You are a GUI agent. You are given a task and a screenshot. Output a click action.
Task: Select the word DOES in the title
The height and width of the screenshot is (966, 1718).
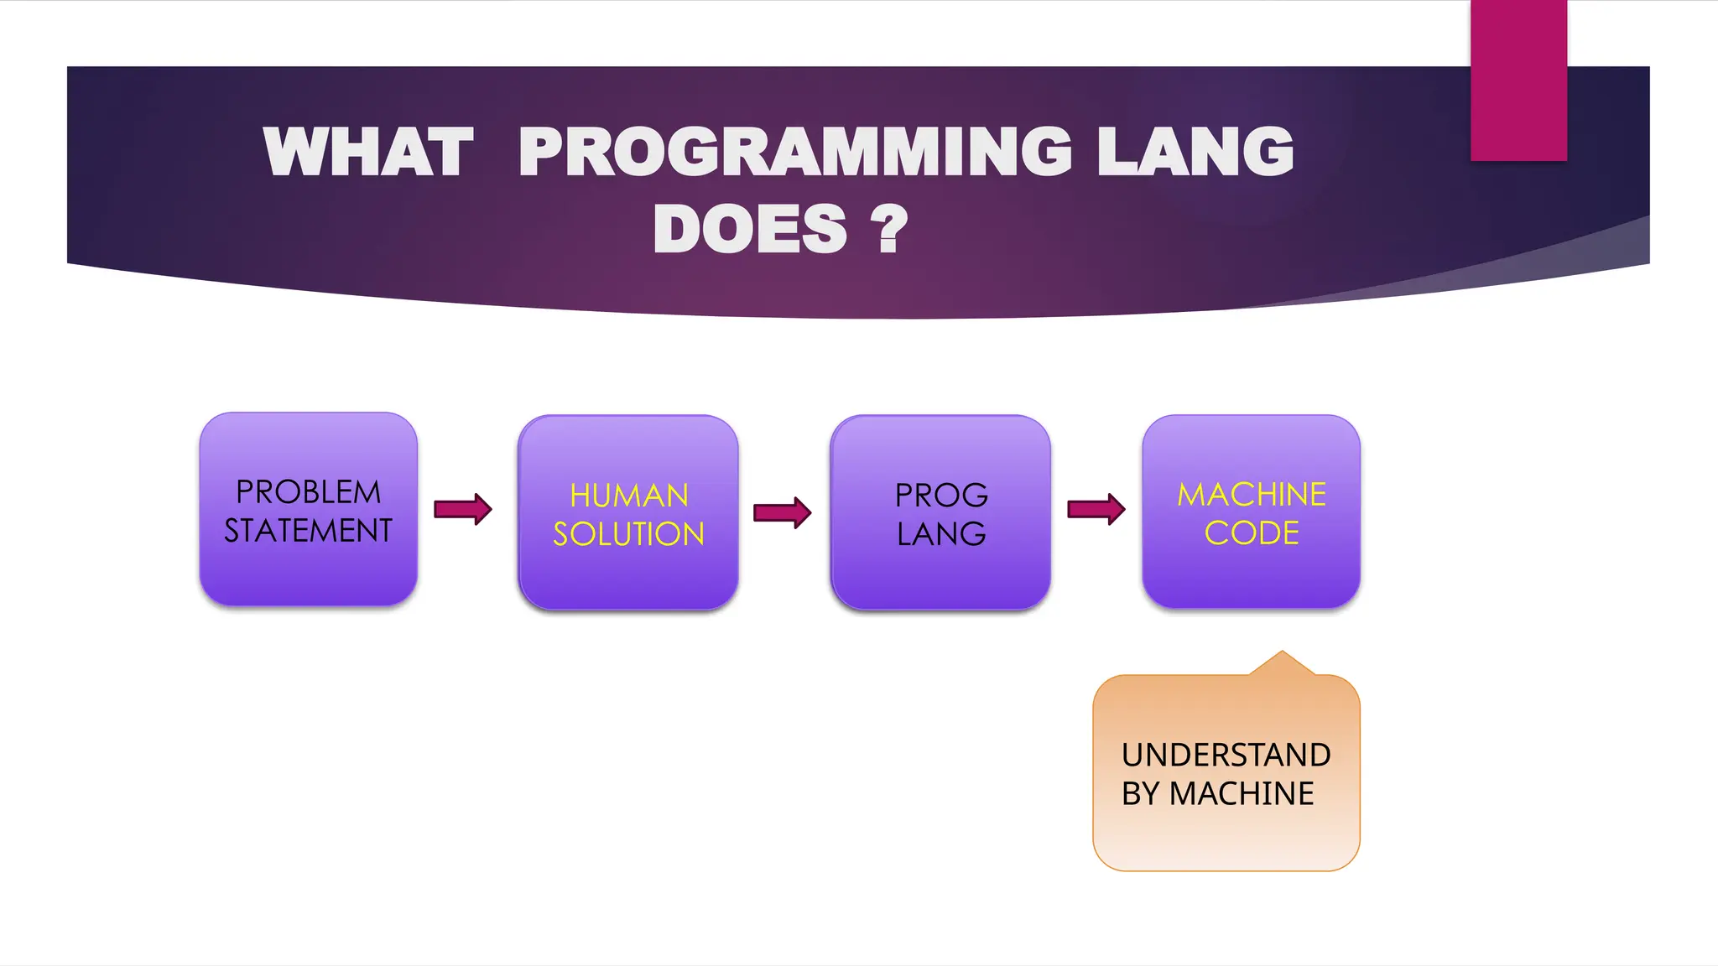tap(750, 229)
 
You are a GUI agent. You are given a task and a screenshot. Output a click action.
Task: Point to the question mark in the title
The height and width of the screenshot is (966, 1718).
tap(889, 229)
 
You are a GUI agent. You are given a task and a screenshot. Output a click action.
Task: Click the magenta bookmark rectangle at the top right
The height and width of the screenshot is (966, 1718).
tap(1518, 80)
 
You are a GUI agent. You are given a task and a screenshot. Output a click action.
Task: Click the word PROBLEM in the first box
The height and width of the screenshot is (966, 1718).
tap(308, 492)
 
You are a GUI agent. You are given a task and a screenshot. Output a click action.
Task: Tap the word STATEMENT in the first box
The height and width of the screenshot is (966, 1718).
tap(308, 531)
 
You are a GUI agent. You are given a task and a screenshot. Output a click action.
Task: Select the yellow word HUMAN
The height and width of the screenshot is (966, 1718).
tap(628, 496)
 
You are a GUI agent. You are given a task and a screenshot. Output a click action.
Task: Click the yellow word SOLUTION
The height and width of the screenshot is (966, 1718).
tap(628, 534)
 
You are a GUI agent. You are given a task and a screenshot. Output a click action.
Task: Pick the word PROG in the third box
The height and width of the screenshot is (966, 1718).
tap(940, 496)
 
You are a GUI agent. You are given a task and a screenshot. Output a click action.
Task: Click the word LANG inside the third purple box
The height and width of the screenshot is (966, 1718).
tap(940, 534)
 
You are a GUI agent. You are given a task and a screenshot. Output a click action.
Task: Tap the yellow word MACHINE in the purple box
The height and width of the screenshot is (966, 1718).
tap(1251, 495)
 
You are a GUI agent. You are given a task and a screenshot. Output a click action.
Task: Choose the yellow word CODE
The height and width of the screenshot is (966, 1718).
tap(1251, 533)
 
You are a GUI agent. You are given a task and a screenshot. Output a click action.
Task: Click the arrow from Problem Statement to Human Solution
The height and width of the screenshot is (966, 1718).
tap(463, 509)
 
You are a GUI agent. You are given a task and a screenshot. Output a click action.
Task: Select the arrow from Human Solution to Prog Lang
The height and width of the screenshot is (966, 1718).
tap(783, 512)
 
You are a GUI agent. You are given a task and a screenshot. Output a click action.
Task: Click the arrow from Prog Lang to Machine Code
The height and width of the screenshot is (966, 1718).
tap(1096, 509)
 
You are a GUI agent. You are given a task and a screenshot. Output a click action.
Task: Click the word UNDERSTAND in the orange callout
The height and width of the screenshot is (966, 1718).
tap(1226, 755)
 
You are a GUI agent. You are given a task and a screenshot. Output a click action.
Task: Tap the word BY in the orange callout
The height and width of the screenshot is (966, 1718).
tap(1140, 793)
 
